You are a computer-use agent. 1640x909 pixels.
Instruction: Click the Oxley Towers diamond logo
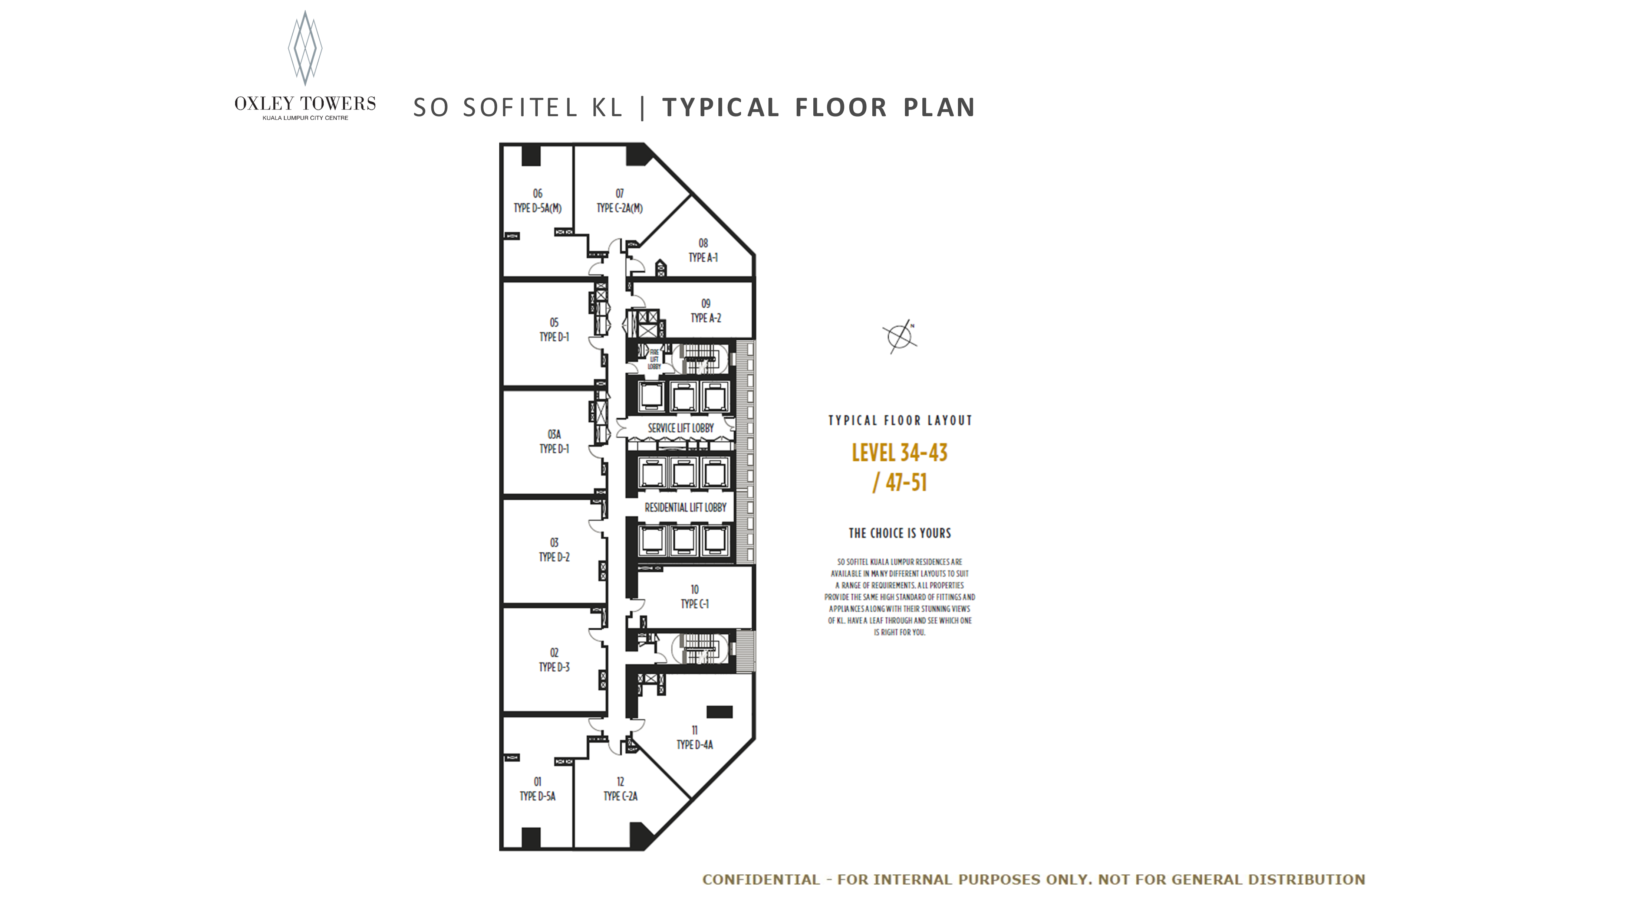click(305, 48)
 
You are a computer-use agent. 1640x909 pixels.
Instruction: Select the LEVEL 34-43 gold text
click(900, 453)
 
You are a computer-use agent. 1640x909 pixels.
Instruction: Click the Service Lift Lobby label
click(681, 428)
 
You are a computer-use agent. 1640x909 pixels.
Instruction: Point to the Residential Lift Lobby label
click(685, 508)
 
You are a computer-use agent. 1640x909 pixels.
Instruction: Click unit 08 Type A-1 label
click(703, 250)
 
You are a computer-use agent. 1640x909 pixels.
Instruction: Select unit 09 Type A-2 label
click(705, 311)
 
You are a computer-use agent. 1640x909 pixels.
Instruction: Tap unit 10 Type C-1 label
click(695, 597)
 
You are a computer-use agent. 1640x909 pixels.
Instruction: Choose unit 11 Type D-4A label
click(695, 738)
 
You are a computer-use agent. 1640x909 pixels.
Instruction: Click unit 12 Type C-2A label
click(620, 789)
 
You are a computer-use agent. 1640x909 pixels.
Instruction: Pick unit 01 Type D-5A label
click(537, 789)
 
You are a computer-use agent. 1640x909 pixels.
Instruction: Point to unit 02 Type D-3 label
click(554, 660)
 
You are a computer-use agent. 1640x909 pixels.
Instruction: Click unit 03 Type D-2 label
click(554, 550)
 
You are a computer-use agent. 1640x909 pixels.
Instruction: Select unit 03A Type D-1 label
click(554, 441)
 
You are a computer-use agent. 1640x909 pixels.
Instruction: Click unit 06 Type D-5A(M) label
click(537, 201)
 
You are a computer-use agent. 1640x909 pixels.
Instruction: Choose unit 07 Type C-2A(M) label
click(619, 201)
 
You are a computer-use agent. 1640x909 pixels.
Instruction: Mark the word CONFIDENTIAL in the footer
click(761, 880)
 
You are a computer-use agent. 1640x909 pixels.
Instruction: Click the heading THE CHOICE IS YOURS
click(900, 533)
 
